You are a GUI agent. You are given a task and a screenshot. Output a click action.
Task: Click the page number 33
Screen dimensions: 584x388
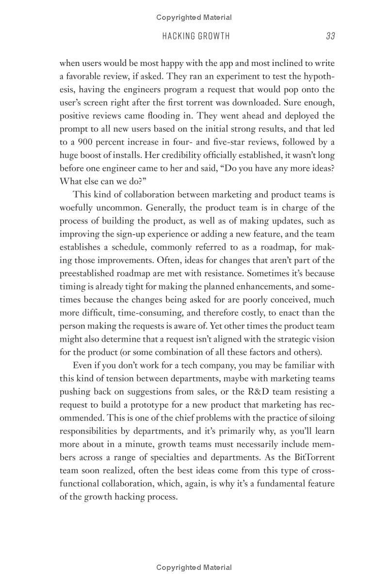pos(330,36)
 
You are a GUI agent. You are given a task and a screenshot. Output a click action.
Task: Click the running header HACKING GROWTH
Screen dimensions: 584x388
pos(196,36)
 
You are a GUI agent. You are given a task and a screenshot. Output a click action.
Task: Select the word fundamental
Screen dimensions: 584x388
pos(281,483)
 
